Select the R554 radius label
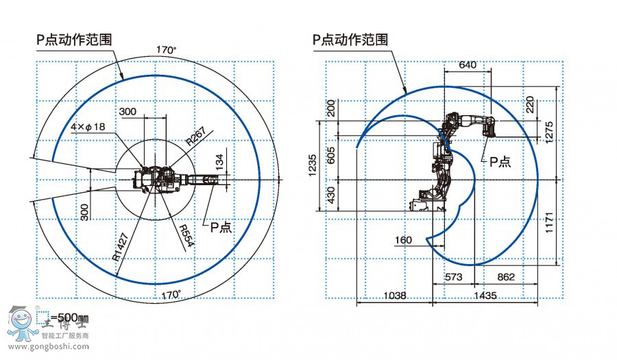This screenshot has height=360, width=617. tap(186, 235)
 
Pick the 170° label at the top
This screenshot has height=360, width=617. tap(166, 50)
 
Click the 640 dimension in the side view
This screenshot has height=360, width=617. tap(467, 65)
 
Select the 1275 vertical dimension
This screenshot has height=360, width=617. tap(547, 130)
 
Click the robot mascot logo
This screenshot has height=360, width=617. tap(21, 322)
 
